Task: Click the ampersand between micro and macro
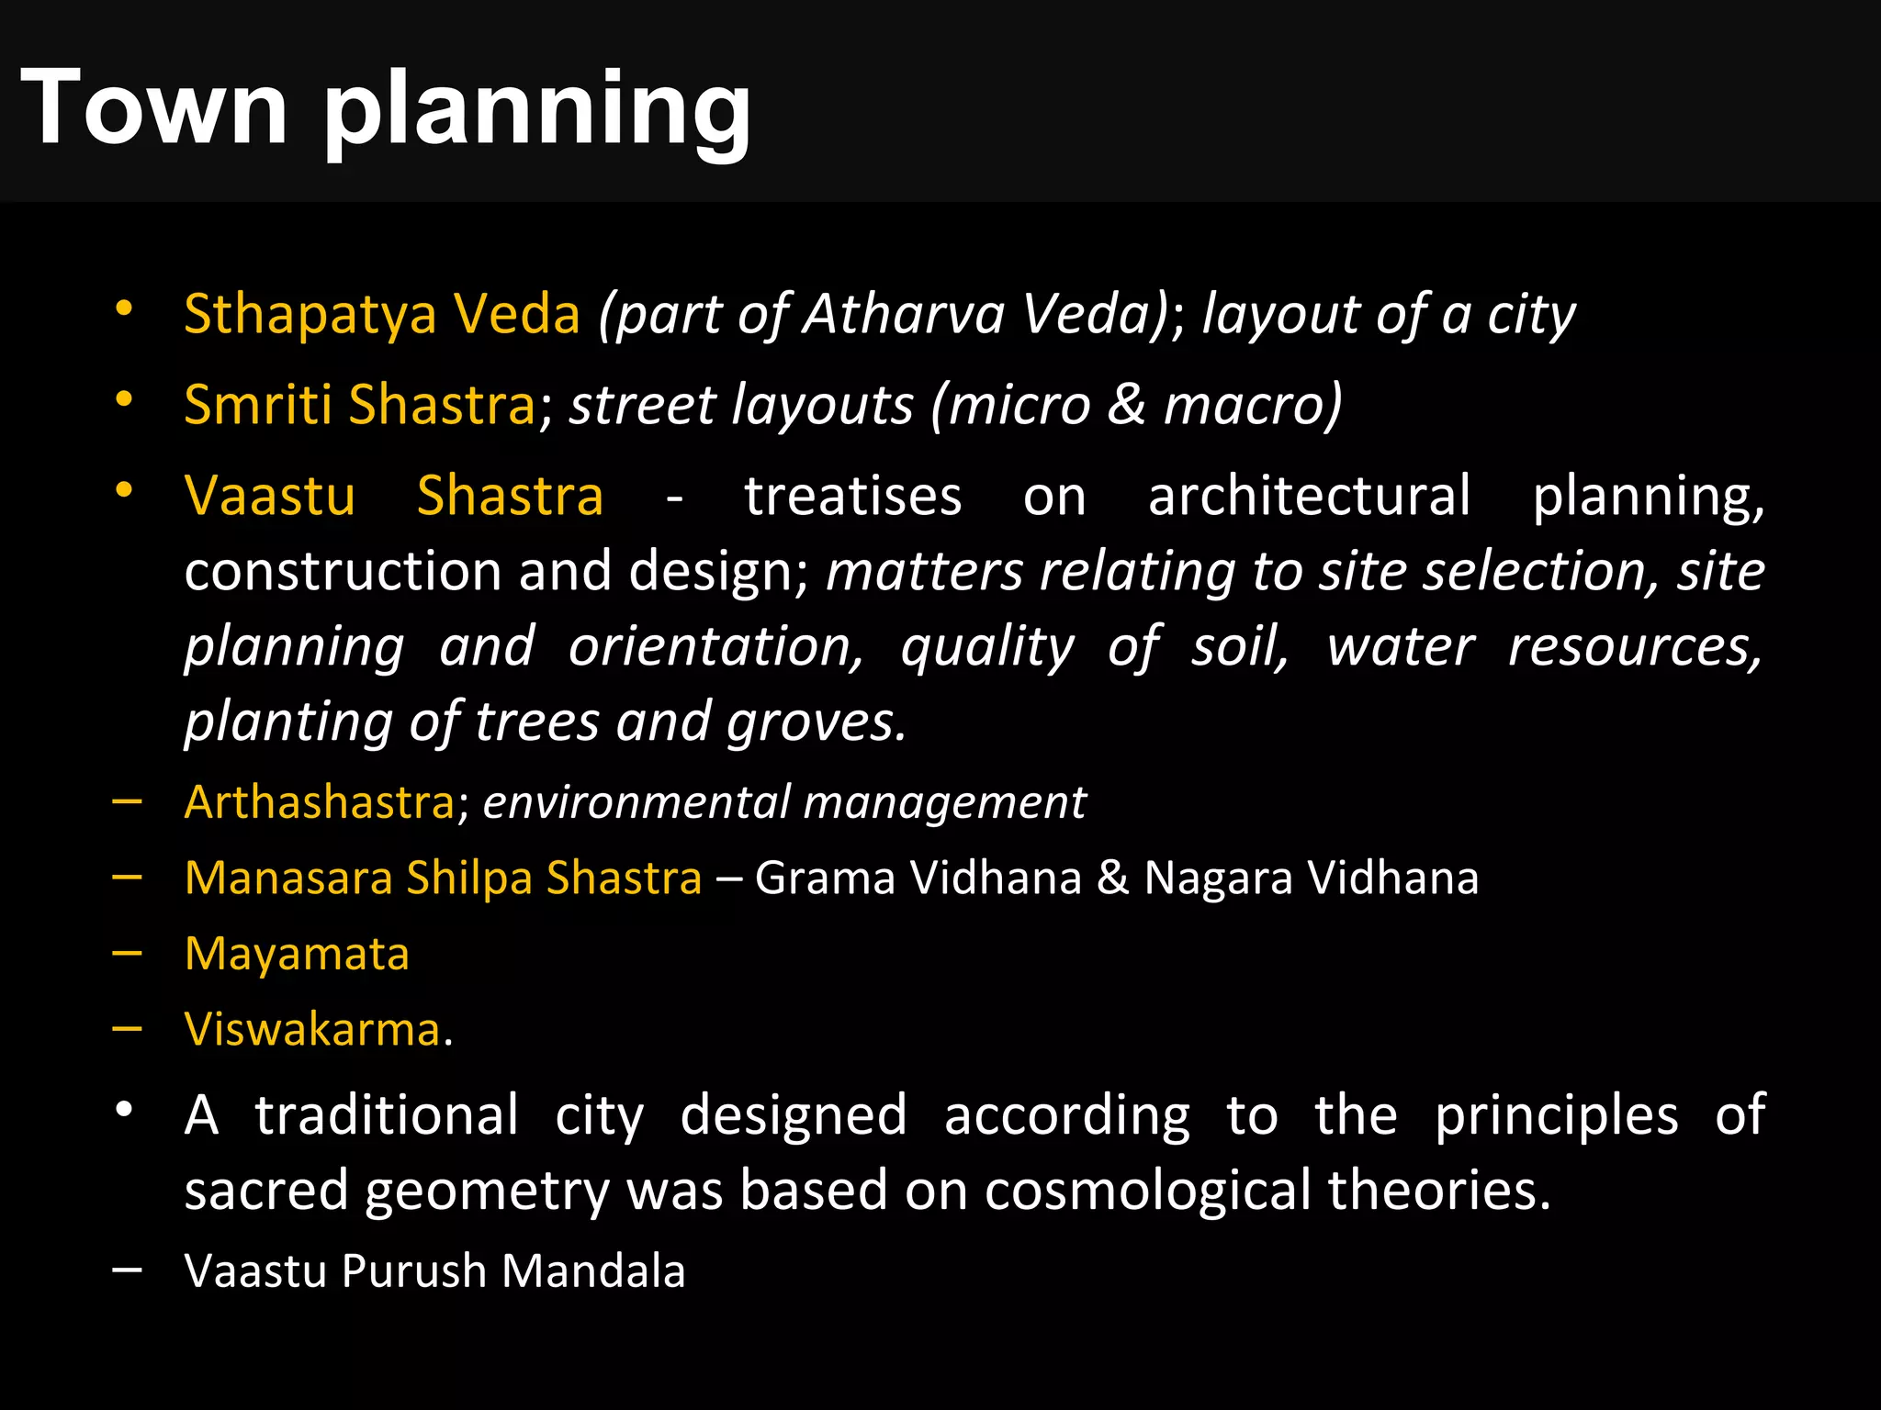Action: [1126, 405]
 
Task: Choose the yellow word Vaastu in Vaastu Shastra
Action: [269, 497]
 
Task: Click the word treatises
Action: [852, 497]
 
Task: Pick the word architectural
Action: [1309, 497]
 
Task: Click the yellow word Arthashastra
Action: [319, 802]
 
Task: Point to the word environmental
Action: [635, 802]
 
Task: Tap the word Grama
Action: [825, 878]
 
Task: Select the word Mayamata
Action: [297, 954]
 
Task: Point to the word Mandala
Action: [593, 1271]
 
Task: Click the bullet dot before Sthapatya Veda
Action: [125, 308]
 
